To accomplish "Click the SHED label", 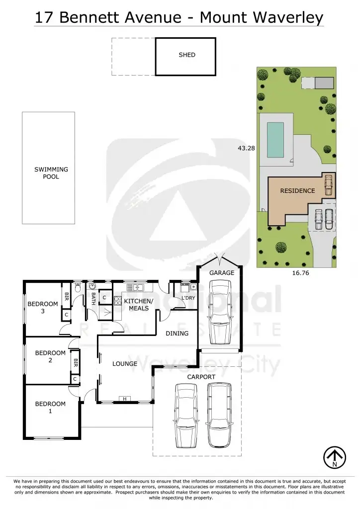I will click(x=187, y=55).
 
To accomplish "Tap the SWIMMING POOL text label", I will click(x=51, y=173).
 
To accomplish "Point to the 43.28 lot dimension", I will click(x=246, y=148).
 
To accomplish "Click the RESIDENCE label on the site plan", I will click(x=297, y=190).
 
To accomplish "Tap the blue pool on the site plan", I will click(x=275, y=139).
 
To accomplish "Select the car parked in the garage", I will click(x=220, y=312).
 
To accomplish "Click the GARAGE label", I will click(x=221, y=272).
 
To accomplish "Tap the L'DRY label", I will click(x=188, y=298).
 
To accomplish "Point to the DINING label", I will click(x=177, y=334).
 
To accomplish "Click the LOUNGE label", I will click(x=125, y=364).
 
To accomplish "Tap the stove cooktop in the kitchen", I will click(x=118, y=300).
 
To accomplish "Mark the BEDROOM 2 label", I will click(x=50, y=356).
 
